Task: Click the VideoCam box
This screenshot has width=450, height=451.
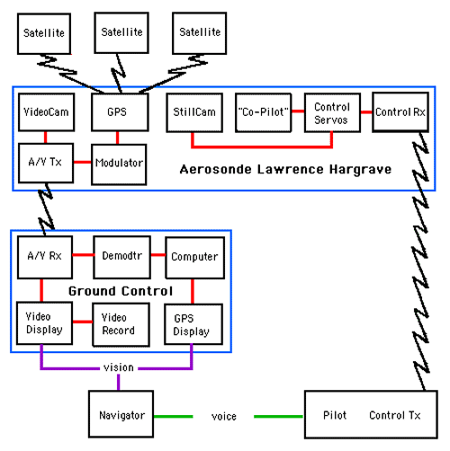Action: click(x=47, y=112)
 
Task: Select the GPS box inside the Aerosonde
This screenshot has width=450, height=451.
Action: click(x=120, y=112)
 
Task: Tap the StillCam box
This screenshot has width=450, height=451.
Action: click(x=194, y=112)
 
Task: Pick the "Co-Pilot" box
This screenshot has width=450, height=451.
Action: click(x=264, y=112)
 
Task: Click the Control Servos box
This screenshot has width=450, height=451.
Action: click(x=332, y=112)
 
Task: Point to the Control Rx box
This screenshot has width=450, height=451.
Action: click(x=400, y=112)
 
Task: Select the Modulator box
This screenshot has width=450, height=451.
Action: click(x=119, y=164)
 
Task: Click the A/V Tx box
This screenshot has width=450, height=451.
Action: click(x=46, y=163)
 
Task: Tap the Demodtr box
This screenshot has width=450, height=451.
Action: click(x=122, y=257)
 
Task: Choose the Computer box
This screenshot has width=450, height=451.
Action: click(x=195, y=258)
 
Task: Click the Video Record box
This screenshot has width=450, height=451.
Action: click(x=121, y=324)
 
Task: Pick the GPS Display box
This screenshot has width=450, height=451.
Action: click(x=193, y=324)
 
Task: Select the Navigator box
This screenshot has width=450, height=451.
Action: click(x=121, y=414)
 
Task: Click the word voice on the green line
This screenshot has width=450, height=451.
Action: click(x=224, y=417)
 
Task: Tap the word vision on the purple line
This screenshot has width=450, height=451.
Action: click(x=119, y=367)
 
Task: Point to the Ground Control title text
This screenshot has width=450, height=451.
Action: click(x=121, y=291)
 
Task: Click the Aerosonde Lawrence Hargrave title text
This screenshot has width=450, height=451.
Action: click(x=285, y=170)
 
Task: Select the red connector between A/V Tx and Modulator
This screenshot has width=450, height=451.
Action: click(x=83, y=163)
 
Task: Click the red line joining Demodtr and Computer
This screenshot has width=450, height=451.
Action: click(x=158, y=255)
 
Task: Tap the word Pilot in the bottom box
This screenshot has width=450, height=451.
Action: click(x=335, y=415)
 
